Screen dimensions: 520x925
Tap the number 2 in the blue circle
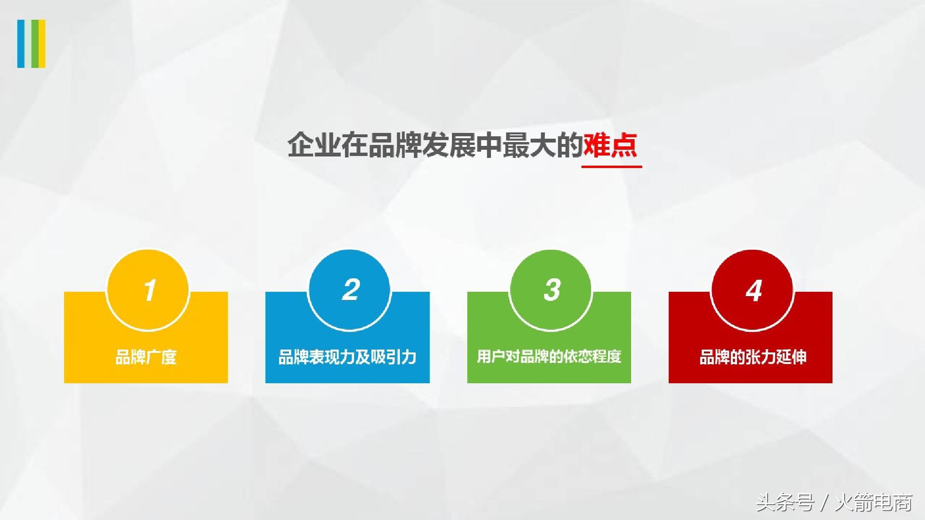pyautogui.click(x=351, y=290)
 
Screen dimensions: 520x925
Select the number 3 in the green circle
pyautogui.click(x=552, y=290)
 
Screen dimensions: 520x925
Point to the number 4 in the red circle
pyautogui.click(x=753, y=290)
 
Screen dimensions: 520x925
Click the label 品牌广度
pyautogui.click(x=146, y=357)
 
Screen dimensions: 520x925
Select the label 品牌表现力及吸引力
pyautogui.click(x=347, y=357)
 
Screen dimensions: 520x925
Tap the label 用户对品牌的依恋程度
pyautogui.click(x=549, y=357)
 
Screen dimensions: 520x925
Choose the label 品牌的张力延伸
pyautogui.click(x=753, y=357)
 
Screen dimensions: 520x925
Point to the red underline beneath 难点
pyautogui.click(x=611, y=167)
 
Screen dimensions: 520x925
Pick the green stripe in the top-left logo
pyautogui.click(x=34, y=43)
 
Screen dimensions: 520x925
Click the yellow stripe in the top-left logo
pyautogui.click(x=42, y=43)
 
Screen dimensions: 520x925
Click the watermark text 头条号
pyautogui.click(x=785, y=503)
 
